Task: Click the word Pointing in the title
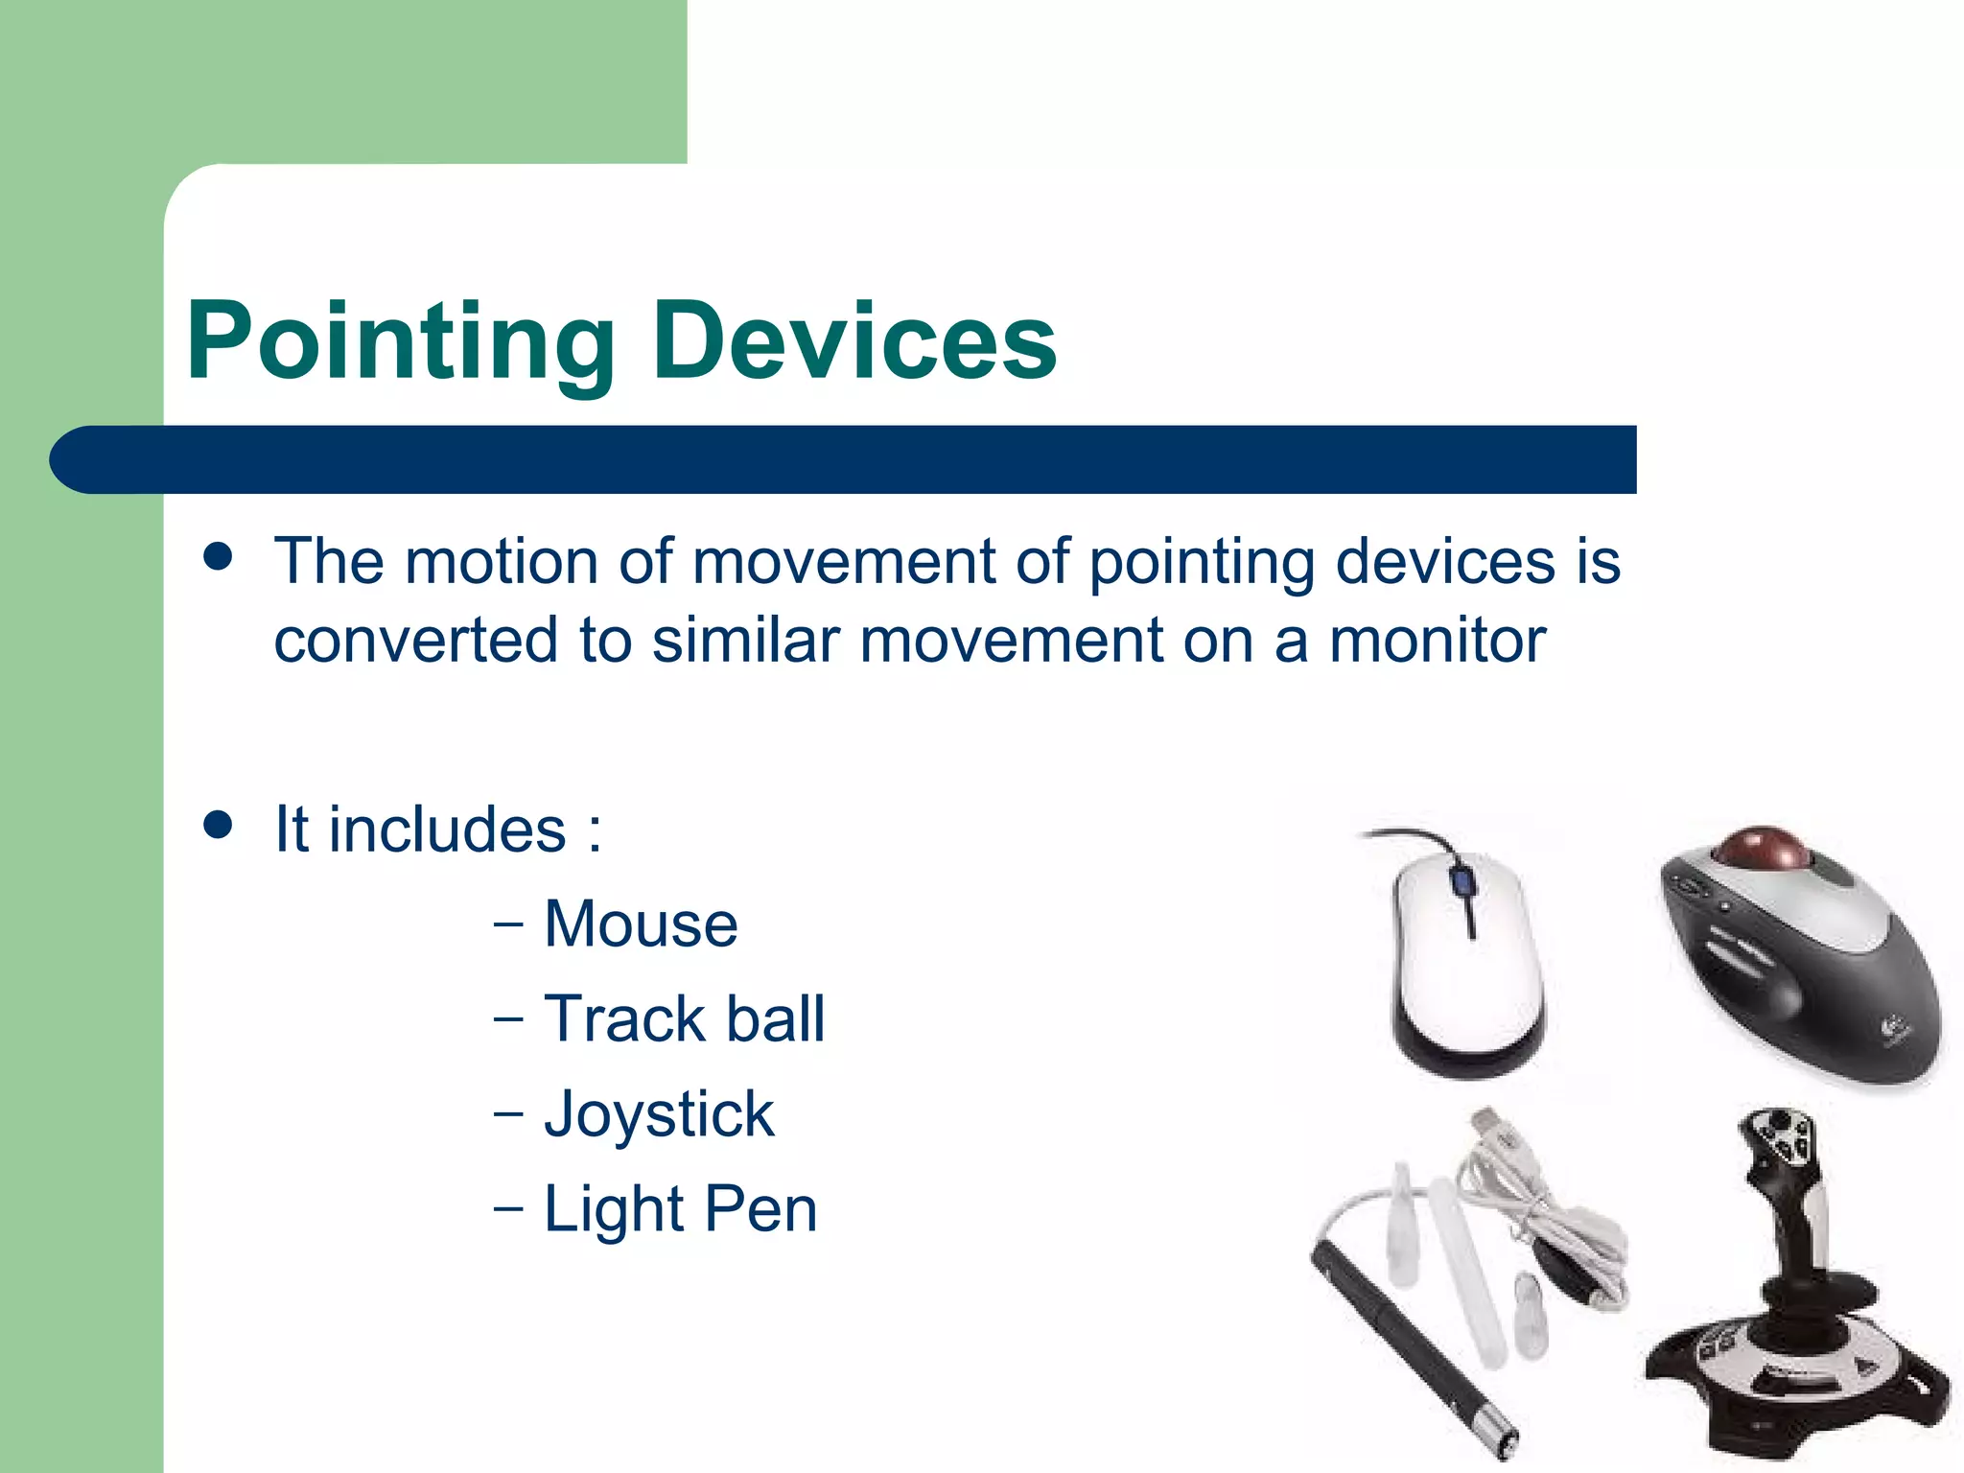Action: pos(400,342)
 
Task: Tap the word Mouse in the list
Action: pos(641,924)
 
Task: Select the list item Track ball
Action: pos(684,1018)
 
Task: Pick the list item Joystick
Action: pos(659,1114)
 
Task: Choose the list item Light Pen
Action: pos(680,1208)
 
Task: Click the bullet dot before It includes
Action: pos(219,825)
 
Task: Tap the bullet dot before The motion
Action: pos(219,556)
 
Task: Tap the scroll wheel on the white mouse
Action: pos(1461,880)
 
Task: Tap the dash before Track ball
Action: pos(508,1018)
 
